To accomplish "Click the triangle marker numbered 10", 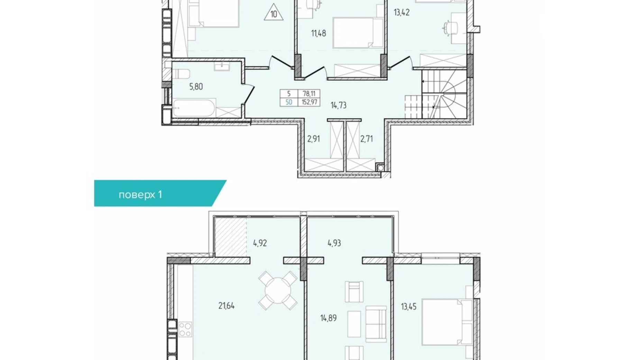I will click(x=273, y=13).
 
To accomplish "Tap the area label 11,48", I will click(x=318, y=33).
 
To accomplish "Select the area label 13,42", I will click(x=401, y=13).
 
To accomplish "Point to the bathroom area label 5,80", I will click(x=196, y=87).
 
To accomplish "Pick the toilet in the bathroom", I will click(x=181, y=74).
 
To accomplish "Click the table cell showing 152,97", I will click(x=309, y=102).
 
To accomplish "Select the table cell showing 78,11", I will click(x=309, y=93).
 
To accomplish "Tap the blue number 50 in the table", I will click(x=289, y=102).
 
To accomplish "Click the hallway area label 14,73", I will click(x=338, y=105).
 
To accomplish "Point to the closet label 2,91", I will click(x=313, y=139).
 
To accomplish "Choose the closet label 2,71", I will click(x=366, y=139).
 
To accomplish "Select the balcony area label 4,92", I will click(x=260, y=243).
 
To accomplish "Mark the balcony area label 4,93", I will click(x=334, y=243).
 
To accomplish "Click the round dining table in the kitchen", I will click(x=277, y=290).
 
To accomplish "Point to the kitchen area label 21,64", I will click(x=226, y=306).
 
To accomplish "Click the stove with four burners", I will click(x=185, y=329).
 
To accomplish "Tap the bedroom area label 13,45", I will click(x=408, y=306).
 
